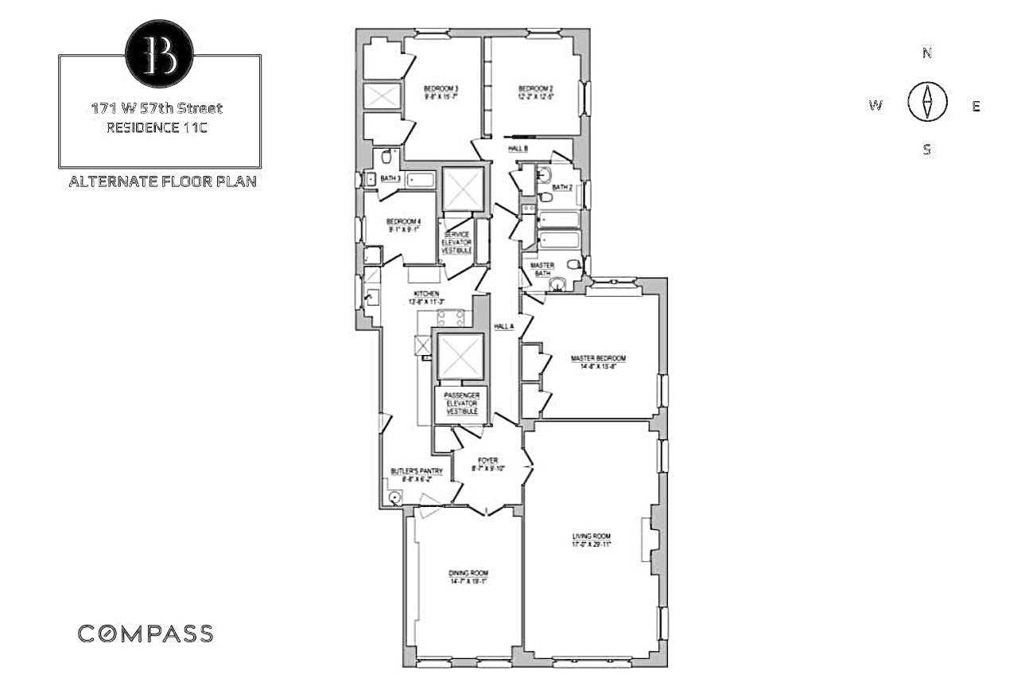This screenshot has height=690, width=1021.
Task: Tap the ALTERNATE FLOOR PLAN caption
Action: click(x=162, y=181)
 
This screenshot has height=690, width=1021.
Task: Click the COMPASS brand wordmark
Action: click(x=145, y=633)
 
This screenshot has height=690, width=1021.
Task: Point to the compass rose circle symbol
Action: click(x=926, y=103)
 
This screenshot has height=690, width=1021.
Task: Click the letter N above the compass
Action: click(x=926, y=53)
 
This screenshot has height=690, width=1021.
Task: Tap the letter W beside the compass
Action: click(x=875, y=106)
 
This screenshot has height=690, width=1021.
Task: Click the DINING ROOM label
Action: click(x=468, y=573)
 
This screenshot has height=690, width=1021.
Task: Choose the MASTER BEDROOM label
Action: click(x=598, y=359)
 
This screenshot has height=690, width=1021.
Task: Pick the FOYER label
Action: click(x=487, y=461)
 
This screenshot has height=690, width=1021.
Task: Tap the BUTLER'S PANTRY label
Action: click(x=415, y=472)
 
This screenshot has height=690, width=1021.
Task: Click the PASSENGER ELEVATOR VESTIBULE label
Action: click(x=461, y=403)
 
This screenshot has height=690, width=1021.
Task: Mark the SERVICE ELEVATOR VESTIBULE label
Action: click(x=457, y=242)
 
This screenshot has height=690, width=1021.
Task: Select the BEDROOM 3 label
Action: click(x=440, y=88)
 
